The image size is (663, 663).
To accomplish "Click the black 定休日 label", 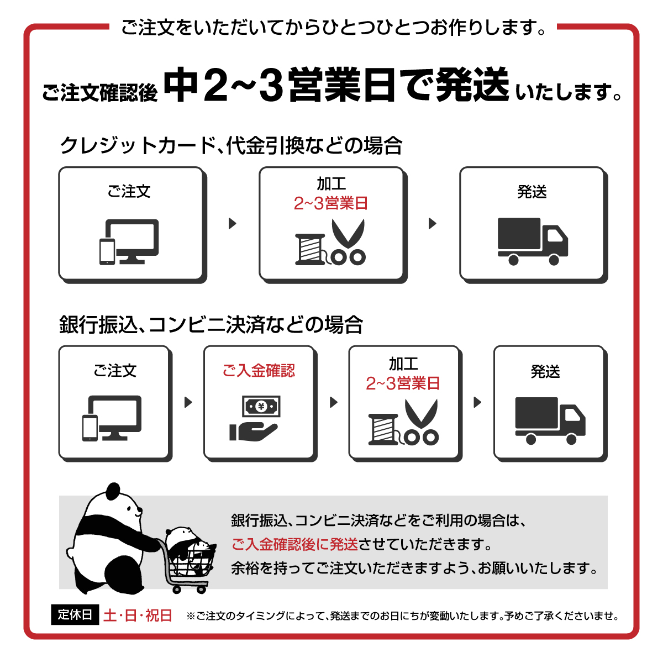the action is (75, 614).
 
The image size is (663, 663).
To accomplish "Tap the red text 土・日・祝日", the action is (138, 615).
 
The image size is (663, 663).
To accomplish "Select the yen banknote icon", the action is (261, 406).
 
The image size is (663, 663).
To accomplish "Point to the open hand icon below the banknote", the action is (253, 432).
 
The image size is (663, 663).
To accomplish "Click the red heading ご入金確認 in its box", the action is (259, 371).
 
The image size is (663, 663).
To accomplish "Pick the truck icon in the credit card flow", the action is (533, 241).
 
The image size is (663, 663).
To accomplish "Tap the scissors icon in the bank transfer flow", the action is (421, 422).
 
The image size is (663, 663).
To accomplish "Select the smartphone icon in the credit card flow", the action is (107, 252).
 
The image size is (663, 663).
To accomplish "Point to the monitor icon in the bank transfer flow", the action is (115, 417).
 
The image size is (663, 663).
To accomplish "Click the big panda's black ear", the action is (113, 491).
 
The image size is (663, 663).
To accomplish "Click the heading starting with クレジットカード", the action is (231, 145).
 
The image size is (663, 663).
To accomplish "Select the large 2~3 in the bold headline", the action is (243, 85).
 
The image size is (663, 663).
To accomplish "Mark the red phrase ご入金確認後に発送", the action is (294, 544).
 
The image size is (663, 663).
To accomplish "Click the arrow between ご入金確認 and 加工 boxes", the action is (333, 402).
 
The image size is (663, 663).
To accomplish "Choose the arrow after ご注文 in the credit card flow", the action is (233, 223).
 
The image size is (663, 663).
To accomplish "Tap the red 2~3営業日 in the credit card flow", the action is (331, 203).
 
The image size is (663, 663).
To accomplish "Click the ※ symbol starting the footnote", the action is (191, 616).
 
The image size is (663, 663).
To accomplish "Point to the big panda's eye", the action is (128, 508).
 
